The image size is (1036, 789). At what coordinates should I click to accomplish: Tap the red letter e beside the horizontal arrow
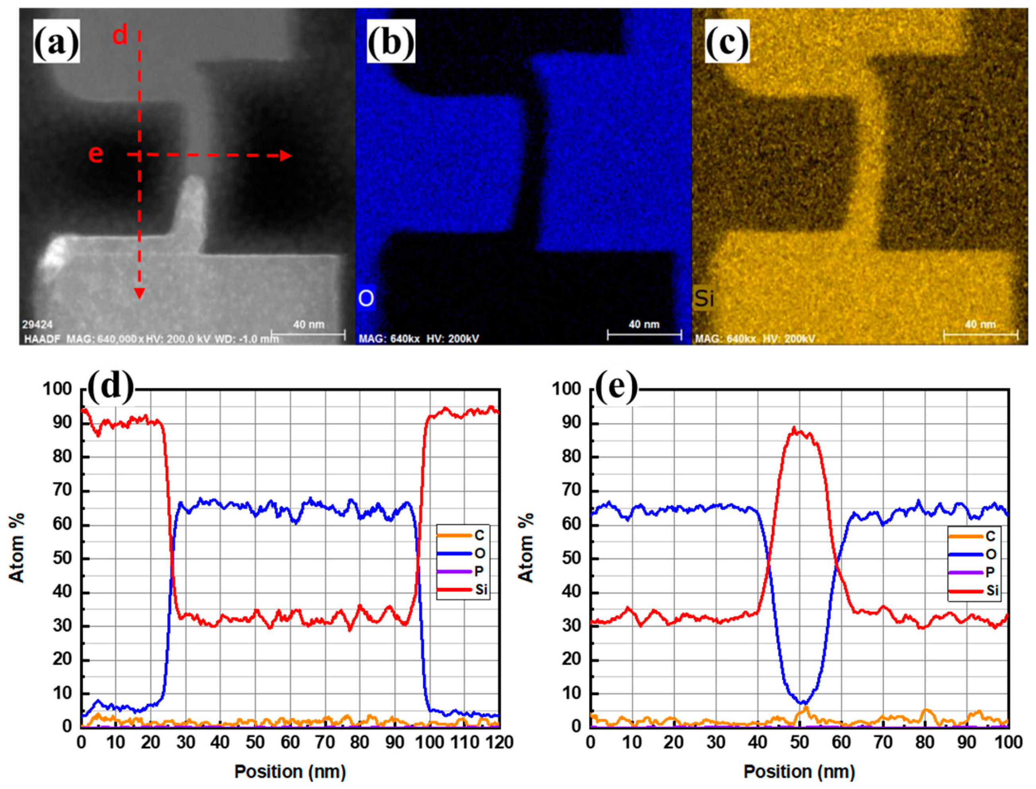[95, 154]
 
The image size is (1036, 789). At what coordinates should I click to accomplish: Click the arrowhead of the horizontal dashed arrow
[286, 155]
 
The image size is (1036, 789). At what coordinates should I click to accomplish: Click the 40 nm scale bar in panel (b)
[644, 334]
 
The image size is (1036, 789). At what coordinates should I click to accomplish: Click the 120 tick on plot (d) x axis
[499, 743]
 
